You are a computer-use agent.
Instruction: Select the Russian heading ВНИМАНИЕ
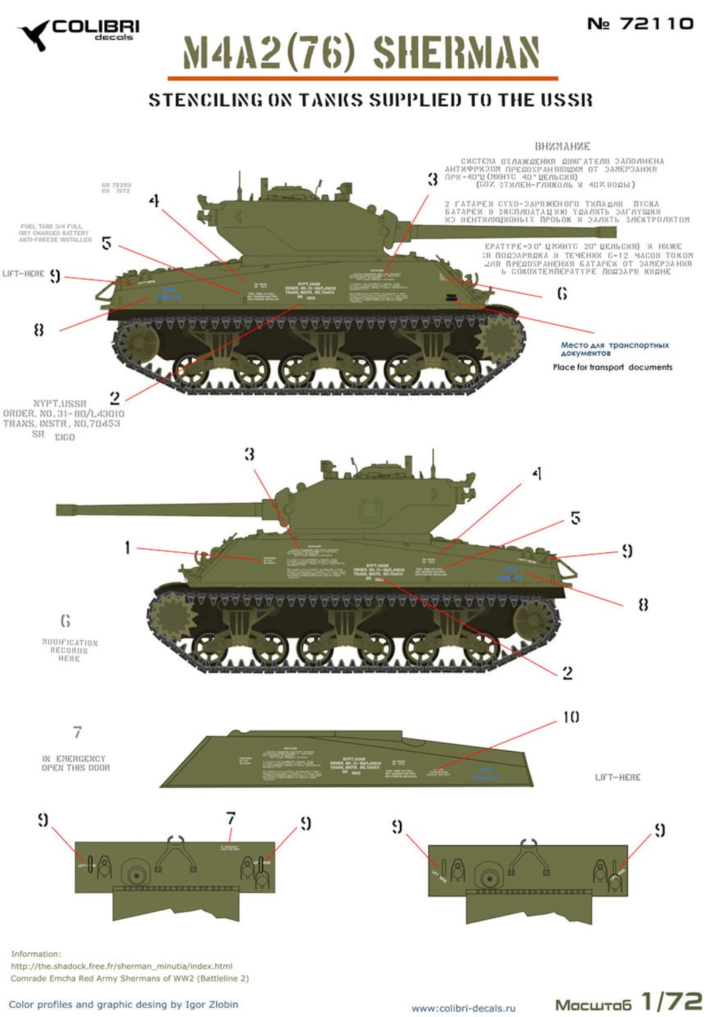point(562,147)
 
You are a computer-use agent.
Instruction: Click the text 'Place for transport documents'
point(612,367)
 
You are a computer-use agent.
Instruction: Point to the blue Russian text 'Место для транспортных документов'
point(614,348)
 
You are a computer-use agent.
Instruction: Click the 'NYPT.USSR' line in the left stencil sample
point(60,404)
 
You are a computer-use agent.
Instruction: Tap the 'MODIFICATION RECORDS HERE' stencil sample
point(69,650)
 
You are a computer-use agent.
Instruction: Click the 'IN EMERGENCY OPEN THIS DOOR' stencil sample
point(75,763)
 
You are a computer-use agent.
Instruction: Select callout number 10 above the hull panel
point(571,717)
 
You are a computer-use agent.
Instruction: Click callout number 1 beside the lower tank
point(127,548)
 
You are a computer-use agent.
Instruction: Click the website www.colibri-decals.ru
point(463,1008)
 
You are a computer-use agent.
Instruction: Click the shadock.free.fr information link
point(121,966)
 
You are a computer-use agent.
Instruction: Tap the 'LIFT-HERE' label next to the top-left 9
point(23,274)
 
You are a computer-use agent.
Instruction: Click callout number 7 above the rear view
point(231,818)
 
